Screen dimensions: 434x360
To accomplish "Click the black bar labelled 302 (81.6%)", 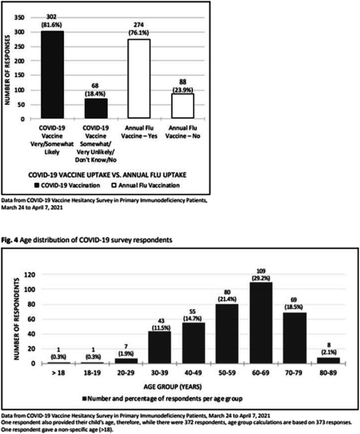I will pos(60,75).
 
